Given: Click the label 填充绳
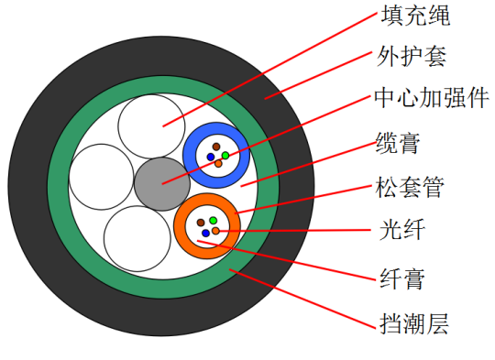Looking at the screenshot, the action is pyautogui.click(x=415, y=15).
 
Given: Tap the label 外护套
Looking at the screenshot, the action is pyautogui.click(x=412, y=56).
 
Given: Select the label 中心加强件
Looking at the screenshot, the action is pyautogui.click(x=432, y=98).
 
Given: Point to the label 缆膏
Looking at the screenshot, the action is pyautogui.click(x=399, y=143).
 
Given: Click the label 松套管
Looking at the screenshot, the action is pyautogui.click(x=410, y=187).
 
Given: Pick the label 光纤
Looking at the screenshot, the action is pyautogui.click(x=401, y=230).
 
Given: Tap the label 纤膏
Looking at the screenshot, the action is pyautogui.click(x=401, y=278).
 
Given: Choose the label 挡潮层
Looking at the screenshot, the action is pyautogui.click(x=413, y=323).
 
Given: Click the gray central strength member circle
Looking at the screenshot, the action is pyautogui.click(x=162, y=184).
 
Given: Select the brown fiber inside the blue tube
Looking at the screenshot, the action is pyautogui.click(x=216, y=147).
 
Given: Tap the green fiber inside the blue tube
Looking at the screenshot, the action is pyautogui.click(x=225, y=155).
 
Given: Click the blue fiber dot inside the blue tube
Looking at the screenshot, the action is pyautogui.click(x=211, y=157).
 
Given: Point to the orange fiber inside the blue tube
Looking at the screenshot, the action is pyautogui.click(x=218, y=163).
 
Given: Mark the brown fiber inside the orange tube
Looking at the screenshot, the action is pyautogui.click(x=201, y=223).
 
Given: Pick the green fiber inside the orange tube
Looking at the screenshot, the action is pyautogui.click(x=213, y=220).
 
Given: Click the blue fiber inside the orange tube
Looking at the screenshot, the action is pyautogui.click(x=205, y=234).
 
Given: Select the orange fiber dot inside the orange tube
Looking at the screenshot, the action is pyautogui.click(x=215, y=231).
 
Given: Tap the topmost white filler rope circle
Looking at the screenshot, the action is pyautogui.click(x=151, y=126).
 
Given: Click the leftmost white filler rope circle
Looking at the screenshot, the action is pyautogui.click(x=102, y=177).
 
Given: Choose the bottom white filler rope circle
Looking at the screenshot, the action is pyautogui.click(x=137, y=239).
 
